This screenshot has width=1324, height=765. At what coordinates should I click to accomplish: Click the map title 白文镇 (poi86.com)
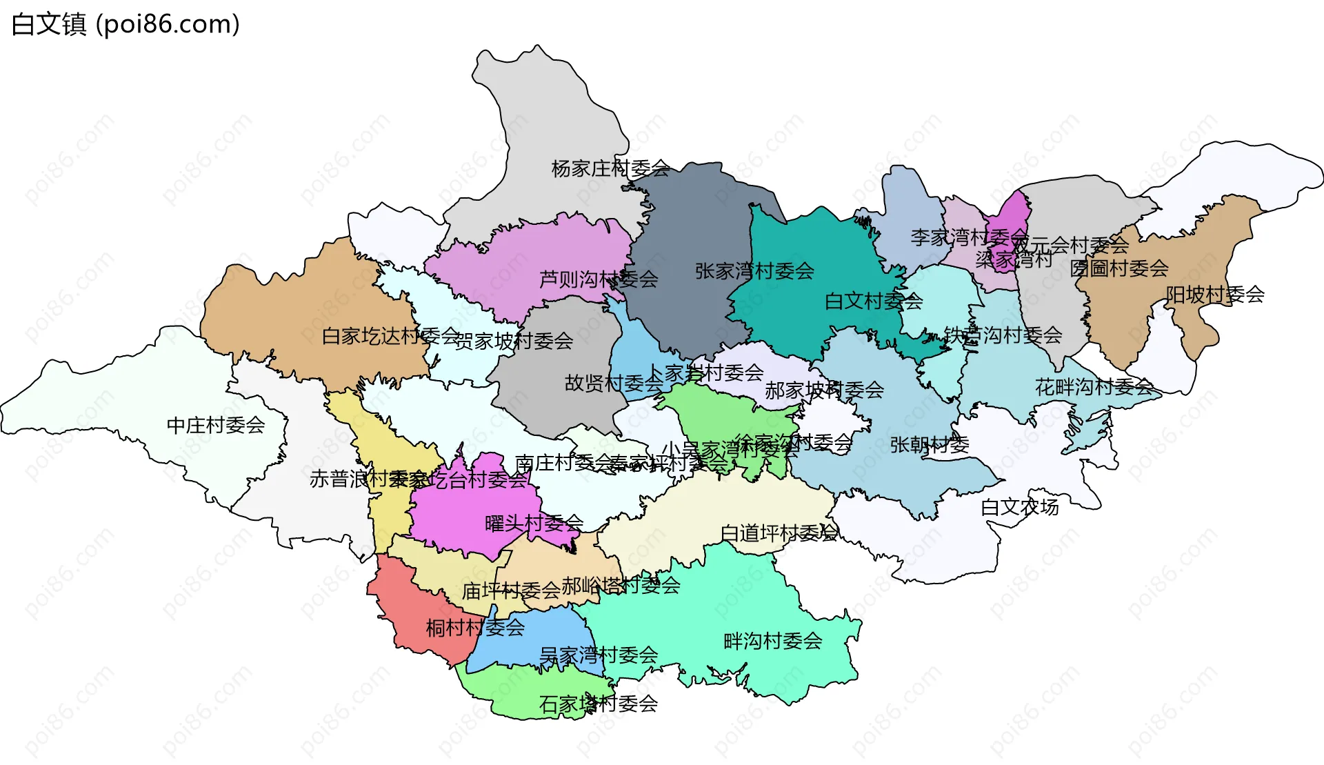tap(126, 24)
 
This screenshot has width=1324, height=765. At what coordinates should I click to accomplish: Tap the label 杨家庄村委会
tap(610, 168)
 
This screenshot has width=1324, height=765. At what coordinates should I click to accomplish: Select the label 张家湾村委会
tap(754, 271)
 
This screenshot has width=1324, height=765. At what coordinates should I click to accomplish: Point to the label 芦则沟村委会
tap(599, 279)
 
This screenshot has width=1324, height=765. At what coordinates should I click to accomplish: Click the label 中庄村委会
tap(216, 425)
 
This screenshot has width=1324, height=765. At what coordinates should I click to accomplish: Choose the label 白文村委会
tap(874, 301)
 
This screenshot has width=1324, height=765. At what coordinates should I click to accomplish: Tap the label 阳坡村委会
tap(1214, 295)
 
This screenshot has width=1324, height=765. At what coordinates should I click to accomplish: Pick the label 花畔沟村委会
tap(1094, 387)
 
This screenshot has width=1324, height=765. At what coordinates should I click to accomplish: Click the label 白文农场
tap(1019, 507)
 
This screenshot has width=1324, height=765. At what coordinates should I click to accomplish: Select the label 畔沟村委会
tap(772, 641)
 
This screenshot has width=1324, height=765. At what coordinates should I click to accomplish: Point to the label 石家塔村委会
tap(599, 704)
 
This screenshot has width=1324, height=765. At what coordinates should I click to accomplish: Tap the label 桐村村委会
tap(475, 628)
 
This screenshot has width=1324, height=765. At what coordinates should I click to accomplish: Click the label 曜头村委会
tap(534, 524)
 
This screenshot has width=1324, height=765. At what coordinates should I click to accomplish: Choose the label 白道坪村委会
tap(779, 533)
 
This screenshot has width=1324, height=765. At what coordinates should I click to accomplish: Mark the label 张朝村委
tap(930, 445)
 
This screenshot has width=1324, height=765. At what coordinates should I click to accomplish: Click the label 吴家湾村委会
tap(599, 655)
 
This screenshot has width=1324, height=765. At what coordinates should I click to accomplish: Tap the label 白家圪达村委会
tap(390, 336)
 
